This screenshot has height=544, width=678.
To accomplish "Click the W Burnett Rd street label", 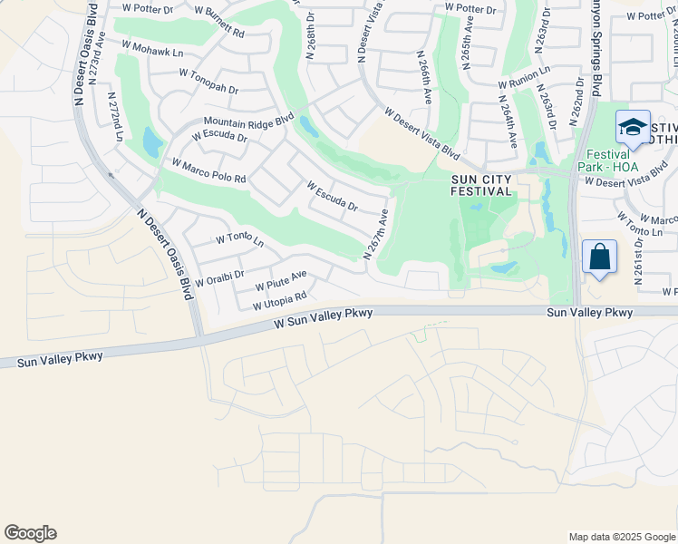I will coord(218,24).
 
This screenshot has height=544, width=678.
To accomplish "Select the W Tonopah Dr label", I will coord(208,83).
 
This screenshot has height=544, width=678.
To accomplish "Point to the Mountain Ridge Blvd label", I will coord(249,120).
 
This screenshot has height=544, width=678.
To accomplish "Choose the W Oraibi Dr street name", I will coord(219,277).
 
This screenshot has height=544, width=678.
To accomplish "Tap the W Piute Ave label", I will coord(280,280).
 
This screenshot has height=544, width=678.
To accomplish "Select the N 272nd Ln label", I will coord(115,115).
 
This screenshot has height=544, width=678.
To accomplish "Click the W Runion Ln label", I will coord(523,76).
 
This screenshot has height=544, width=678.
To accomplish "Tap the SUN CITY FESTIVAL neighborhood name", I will coord(482,185).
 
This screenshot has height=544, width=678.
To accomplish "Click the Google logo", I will coord(30,533).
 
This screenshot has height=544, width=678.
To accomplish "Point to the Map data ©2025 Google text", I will coord(621,537).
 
